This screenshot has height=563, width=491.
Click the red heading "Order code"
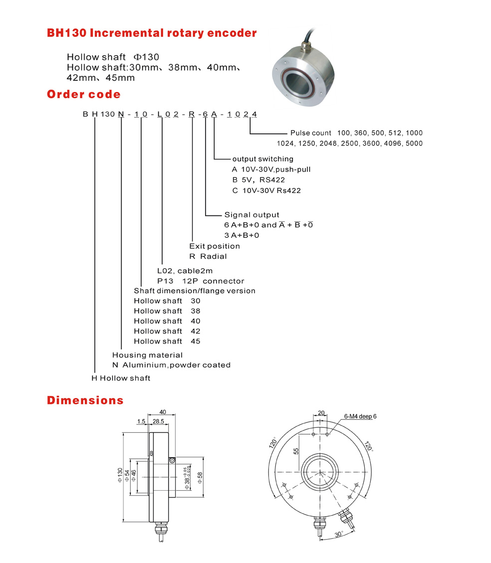point(83,94)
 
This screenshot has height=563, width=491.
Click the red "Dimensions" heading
point(85,400)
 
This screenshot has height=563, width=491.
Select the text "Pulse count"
point(310,133)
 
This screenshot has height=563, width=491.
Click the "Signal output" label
point(251,215)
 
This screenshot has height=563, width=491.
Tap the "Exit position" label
point(215,246)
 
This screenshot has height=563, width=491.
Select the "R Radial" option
point(208,256)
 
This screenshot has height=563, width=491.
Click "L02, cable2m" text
point(185,271)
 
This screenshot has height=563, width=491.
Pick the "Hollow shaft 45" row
point(167,341)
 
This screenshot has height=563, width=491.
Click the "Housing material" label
point(147,355)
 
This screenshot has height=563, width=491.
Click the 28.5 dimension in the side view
point(159,422)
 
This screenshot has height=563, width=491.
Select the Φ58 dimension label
point(200,477)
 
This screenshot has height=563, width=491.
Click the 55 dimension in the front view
point(296,451)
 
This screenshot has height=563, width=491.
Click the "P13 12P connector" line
point(201,281)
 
